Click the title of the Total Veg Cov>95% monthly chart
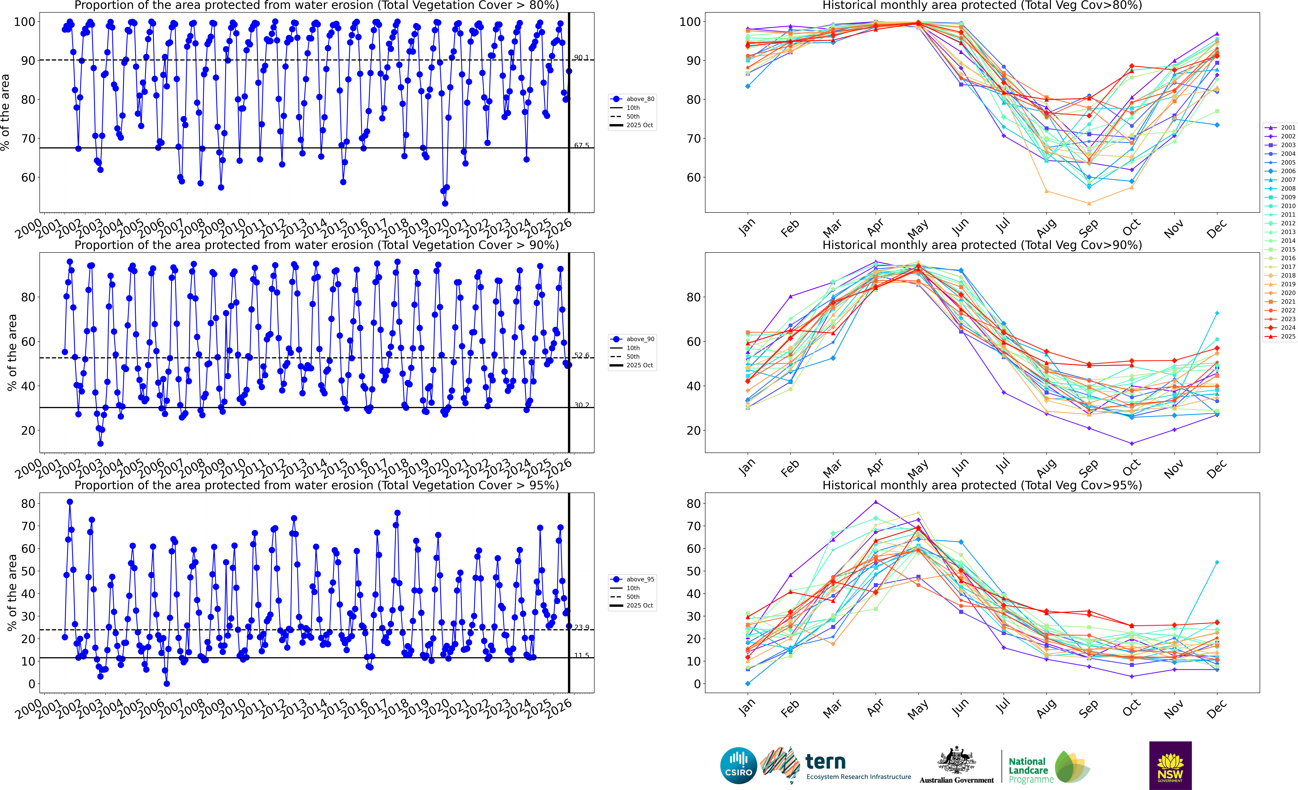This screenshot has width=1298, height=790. click(x=982, y=485)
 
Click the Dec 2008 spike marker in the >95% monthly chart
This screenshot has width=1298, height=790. click(x=1217, y=562)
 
